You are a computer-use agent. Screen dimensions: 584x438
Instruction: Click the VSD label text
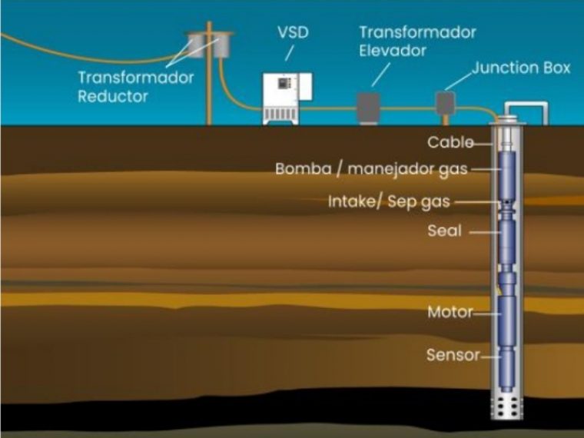click(x=293, y=32)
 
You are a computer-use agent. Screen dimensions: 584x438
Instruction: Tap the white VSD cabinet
click(x=287, y=98)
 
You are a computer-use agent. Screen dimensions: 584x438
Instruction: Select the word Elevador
click(x=392, y=50)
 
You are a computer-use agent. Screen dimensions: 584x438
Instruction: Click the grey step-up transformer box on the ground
click(x=369, y=108)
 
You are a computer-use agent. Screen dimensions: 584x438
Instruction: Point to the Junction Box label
click(x=521, y=68)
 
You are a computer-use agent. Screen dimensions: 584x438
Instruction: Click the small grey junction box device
click(x=446, y=104)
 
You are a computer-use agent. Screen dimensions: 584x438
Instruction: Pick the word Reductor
click(x=113, y=96)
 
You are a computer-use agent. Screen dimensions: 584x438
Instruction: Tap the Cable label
click(x=450, y=142)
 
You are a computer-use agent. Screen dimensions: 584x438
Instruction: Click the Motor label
click(x=450, y=312)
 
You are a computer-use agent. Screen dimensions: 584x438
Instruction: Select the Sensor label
click(x=453, y=355)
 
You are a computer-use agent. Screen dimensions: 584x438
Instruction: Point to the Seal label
click(x=444, y=231)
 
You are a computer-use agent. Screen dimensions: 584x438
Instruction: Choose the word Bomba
click(x=304, y=169)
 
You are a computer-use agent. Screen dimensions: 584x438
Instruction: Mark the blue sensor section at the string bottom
click(x=507, y=369)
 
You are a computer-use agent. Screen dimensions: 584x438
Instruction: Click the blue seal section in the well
click(x=507, y=242)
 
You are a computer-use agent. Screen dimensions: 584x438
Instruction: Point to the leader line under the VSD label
click(x=290, y=53)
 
